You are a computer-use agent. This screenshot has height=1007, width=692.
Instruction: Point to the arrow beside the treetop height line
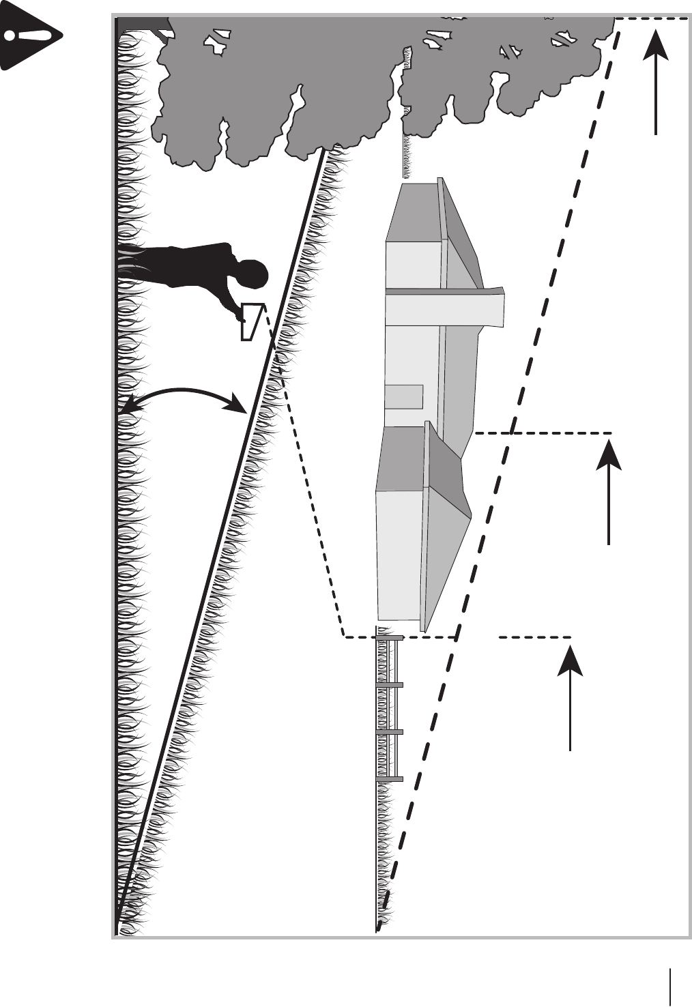(x=656, y=82)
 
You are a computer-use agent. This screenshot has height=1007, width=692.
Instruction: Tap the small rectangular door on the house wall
(x=404, y=396)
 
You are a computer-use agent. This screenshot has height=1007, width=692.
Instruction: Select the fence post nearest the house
(x=390, y=638)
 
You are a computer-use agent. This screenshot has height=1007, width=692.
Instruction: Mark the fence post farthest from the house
(x=390, y=778)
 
